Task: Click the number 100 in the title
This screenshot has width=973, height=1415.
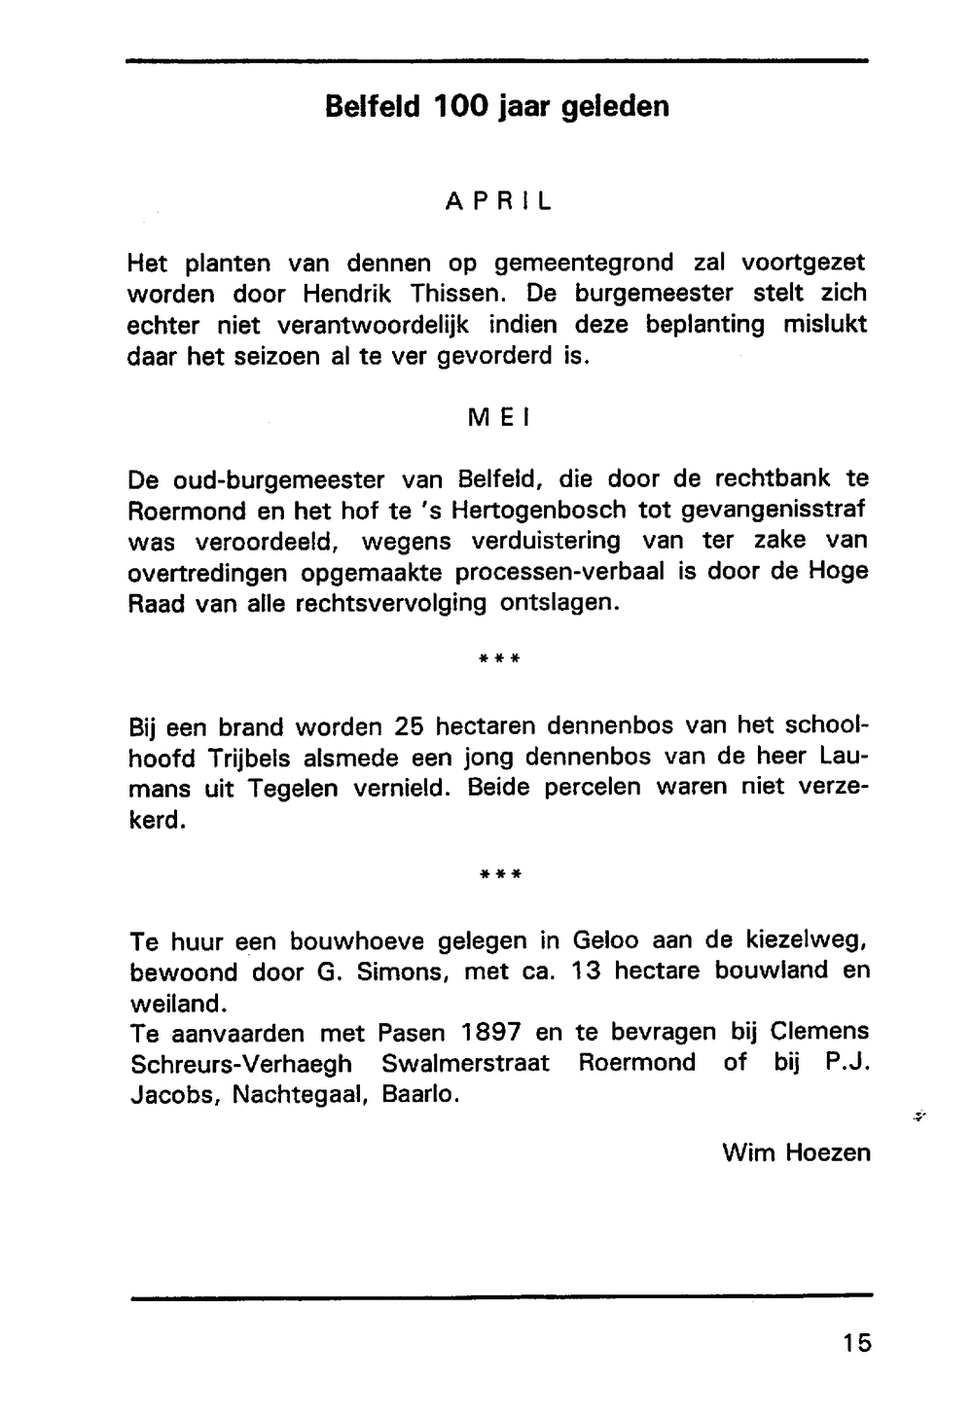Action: click(460, 105)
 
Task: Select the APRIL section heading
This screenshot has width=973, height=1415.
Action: click(498, 201)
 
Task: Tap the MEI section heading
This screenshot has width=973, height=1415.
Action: click(497, 418)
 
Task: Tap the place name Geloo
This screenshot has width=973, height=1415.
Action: click(605, 941)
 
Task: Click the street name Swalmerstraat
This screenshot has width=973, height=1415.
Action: click(466, 1063)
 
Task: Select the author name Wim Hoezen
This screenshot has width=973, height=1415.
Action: click(796, 1153)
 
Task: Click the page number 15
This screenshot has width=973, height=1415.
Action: click(857, 1344)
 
